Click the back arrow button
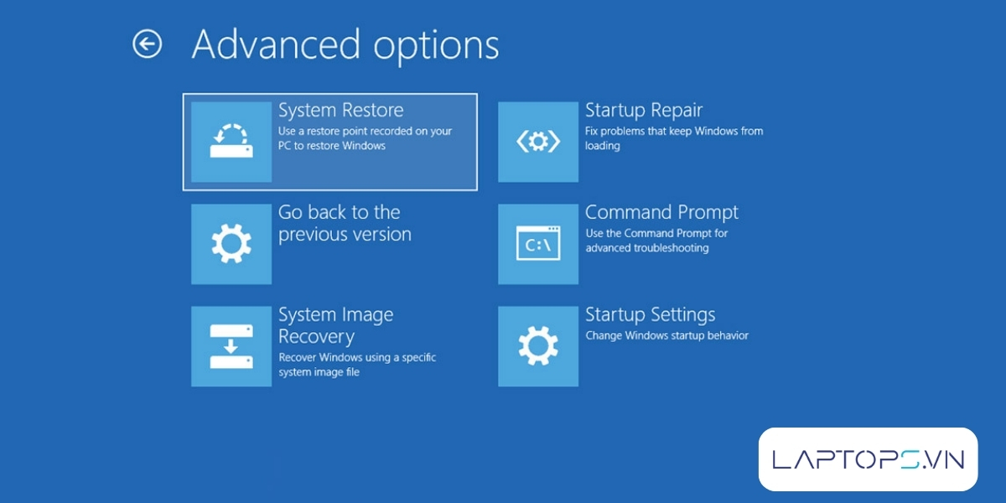(147, 44)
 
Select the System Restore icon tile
(231, 142)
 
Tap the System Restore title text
(341, 110)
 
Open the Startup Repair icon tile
(538, 142)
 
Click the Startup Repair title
(644, 111)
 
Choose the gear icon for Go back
(231, 244)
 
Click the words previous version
(345, 235)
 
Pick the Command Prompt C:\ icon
(538, 244)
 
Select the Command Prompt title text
(661, 212)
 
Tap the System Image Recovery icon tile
(231, 346)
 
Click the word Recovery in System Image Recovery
(317, 337)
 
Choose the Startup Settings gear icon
(538, 346)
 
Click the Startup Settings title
(651, 315)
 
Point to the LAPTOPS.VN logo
(869, 459)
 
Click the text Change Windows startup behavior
(667, 335)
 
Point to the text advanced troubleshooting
(647, 248)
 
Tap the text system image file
(319, 372)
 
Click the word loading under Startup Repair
(602, 146)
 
